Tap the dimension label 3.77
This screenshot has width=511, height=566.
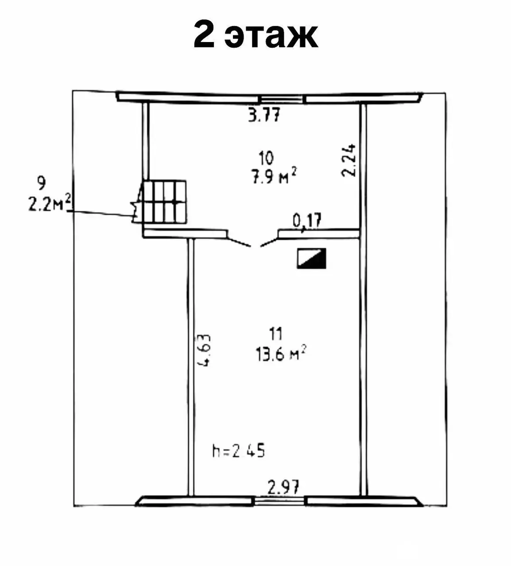264,116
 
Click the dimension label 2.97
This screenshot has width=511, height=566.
283,488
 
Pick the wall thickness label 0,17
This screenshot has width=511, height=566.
306,220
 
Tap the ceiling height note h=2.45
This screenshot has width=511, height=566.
238,451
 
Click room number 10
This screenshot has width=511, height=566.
266,157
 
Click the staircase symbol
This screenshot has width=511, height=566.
163,202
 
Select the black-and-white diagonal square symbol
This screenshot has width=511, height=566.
311,258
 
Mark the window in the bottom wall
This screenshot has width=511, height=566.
280,501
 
